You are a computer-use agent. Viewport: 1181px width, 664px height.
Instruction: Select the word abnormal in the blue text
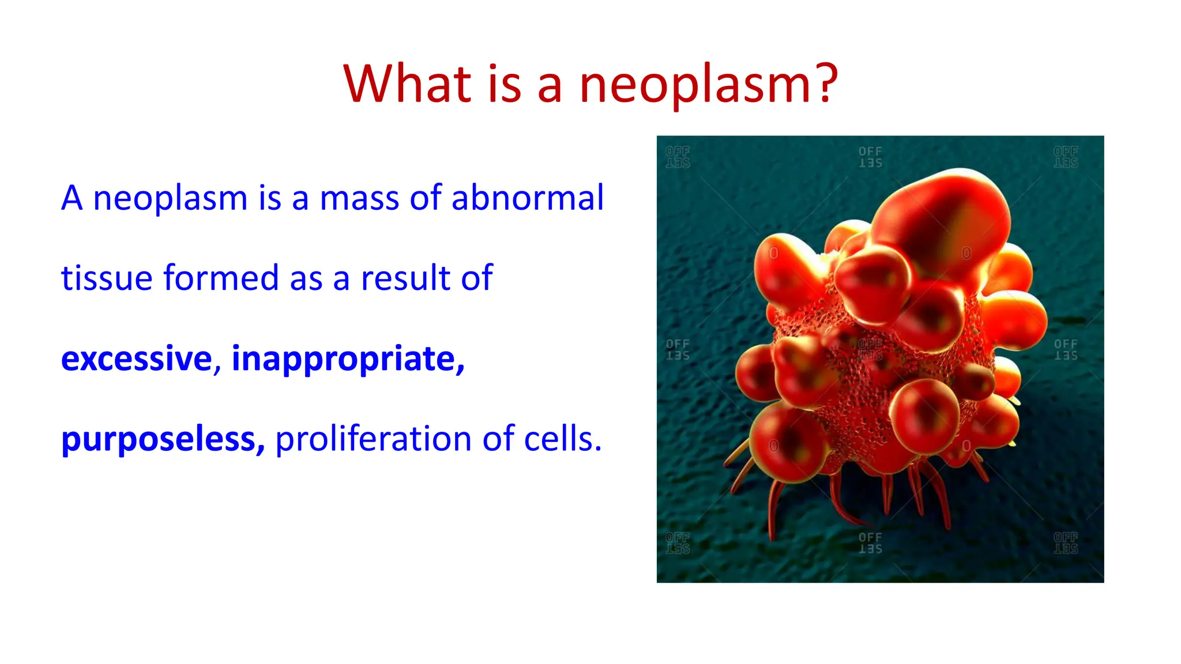coord(527,198)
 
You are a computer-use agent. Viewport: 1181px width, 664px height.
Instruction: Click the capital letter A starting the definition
coord(72,198)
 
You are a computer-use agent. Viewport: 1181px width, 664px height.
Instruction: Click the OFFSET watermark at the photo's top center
coord(870,157)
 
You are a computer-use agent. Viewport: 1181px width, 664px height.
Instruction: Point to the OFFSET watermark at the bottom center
coord(870,543)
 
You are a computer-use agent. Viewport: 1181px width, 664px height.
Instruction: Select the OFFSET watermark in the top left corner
coord(678,157)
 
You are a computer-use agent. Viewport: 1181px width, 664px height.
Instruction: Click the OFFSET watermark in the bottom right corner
coord(1066,543)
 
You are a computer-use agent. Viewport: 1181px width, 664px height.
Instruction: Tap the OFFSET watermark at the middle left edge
coord(678,349)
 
